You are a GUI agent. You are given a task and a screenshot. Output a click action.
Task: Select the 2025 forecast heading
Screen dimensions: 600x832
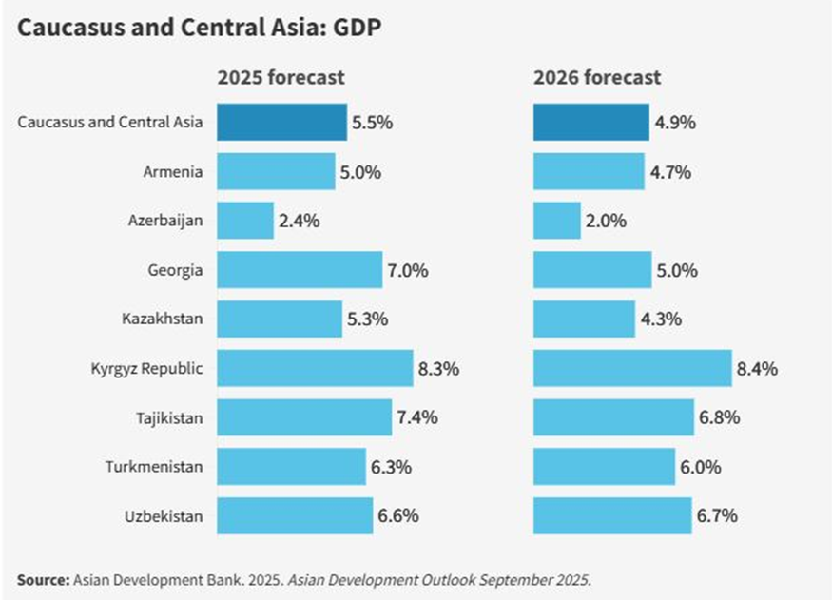(281, 77)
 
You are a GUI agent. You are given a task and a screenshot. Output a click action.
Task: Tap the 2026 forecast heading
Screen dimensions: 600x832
(596, 77)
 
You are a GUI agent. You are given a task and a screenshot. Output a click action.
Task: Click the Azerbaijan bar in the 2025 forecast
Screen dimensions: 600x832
(245, 221)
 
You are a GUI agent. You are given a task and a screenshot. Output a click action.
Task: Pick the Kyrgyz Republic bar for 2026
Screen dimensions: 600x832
(632, 367)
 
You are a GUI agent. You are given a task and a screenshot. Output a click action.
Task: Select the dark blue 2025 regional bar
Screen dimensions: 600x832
(281, 123)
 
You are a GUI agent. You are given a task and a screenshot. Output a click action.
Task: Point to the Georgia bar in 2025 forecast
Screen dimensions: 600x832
(300, 270)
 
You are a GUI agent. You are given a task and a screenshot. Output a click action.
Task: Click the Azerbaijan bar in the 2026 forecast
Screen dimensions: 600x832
(556, 221)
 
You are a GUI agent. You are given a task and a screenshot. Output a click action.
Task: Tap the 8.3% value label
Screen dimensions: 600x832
(439, 368)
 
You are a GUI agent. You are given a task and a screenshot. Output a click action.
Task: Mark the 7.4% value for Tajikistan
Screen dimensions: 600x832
(417, 417)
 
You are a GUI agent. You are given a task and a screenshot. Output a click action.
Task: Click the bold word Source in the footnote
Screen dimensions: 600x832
(42, 578)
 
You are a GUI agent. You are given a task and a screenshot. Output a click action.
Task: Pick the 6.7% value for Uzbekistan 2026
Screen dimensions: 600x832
(718, 516)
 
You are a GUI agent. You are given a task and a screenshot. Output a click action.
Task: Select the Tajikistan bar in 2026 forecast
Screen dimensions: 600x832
(613, 416)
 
